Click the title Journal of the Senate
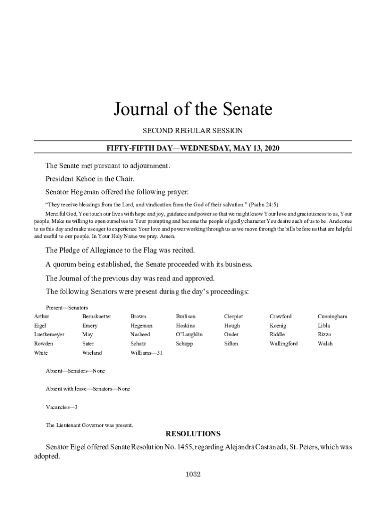coord(192,109)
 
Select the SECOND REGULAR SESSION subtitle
coord(192,131)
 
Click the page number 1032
coord(193,474)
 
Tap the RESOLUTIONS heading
coord(193,434)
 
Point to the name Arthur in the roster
coord(42,317)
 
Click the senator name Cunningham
coord(332,317)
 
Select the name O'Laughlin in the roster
coord(189,335)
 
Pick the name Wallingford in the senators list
coord(284,344)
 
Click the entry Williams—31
coord(146,353)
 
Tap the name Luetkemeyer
coord(49,335)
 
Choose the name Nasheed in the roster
coord(140,335)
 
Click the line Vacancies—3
coord(62,407)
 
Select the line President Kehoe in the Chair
coord(90,178)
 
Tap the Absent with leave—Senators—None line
coord(88,389)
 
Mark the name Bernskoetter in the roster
coord(97,317)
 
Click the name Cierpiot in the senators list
coord(234,317)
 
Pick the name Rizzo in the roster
coord(324,335)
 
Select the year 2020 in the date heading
coord(271,148)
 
